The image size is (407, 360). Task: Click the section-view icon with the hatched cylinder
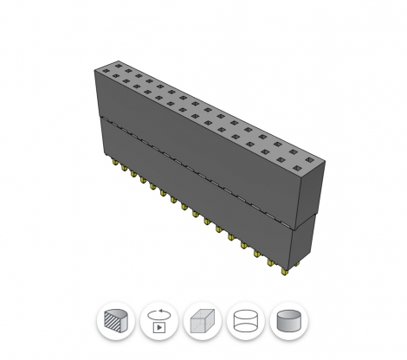114,323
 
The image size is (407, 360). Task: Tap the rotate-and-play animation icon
158,323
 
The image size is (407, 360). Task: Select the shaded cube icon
202,323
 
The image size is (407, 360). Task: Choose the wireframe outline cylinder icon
245,323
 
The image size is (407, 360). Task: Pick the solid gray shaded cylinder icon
288,323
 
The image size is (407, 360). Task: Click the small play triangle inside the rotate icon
158,328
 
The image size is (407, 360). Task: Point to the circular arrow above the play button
158,315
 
